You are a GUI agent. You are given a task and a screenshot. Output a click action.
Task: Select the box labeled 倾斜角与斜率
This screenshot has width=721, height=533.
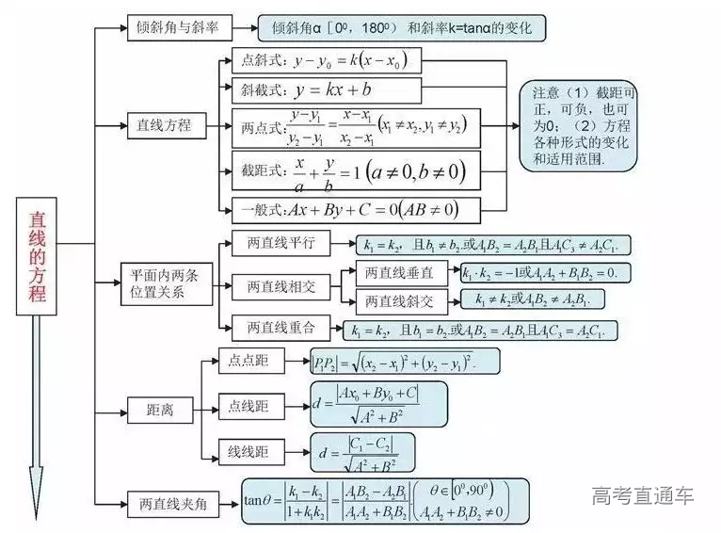178,28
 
